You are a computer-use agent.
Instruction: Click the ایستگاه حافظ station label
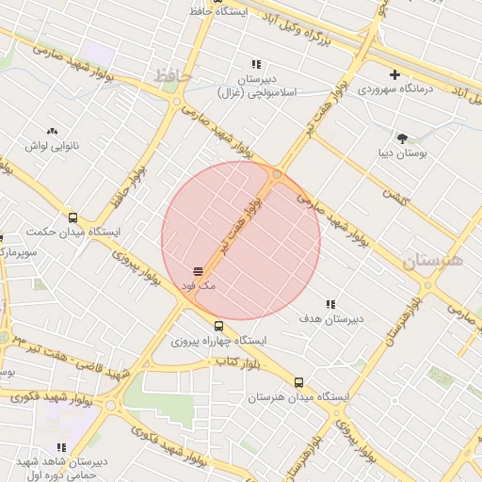coord(248,11)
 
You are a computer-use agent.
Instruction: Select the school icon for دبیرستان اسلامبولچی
coord(256,64)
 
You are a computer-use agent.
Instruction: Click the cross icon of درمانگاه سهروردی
coord(394,74)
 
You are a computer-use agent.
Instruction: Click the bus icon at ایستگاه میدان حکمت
coord(73,217)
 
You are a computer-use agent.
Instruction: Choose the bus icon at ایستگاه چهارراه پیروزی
coord(219,326)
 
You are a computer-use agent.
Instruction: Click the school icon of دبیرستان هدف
coord(330,304)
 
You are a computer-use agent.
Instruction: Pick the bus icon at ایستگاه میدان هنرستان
coord(299,382)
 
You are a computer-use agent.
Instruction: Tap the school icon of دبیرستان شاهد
coord(61,447)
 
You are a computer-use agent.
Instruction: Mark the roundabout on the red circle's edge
coord(277,175)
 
